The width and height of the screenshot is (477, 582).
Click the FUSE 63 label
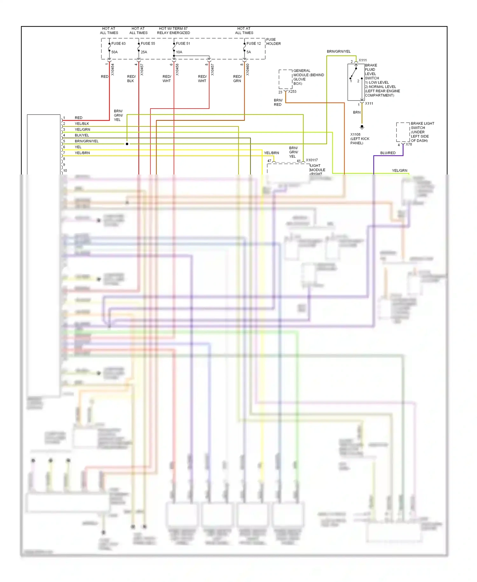coord(118,44)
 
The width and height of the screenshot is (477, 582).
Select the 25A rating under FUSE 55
coord(144,52)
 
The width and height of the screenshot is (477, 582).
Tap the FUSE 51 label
coord(183,44)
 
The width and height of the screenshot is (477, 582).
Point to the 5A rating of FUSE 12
coord(249,52)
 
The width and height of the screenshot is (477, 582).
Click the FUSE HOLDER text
coord(273,42)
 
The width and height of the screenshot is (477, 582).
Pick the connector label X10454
coord(113,69)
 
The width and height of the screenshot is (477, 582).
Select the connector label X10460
coord(248,69)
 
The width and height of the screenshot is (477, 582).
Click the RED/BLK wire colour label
coord(131,79)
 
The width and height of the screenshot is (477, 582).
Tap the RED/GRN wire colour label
coord(237,79)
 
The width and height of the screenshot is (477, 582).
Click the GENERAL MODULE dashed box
coord(286,79)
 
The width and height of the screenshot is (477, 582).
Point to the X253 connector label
coord(292,92)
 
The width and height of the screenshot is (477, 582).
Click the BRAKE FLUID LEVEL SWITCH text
coord(371,72)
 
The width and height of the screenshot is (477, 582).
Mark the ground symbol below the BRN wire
coord(362,127)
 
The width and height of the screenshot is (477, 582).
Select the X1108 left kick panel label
coord(360,139)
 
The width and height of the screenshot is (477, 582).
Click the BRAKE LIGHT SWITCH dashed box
coord(403,132)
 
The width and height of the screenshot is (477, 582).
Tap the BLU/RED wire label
coord(388,153)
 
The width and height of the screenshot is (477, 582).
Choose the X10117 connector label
coord(312,160)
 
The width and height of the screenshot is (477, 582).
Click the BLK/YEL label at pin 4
coord(82,135)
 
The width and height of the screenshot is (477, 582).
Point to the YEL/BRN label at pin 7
coord(82,153)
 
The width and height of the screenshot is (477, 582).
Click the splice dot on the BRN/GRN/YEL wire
coord(127,144)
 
